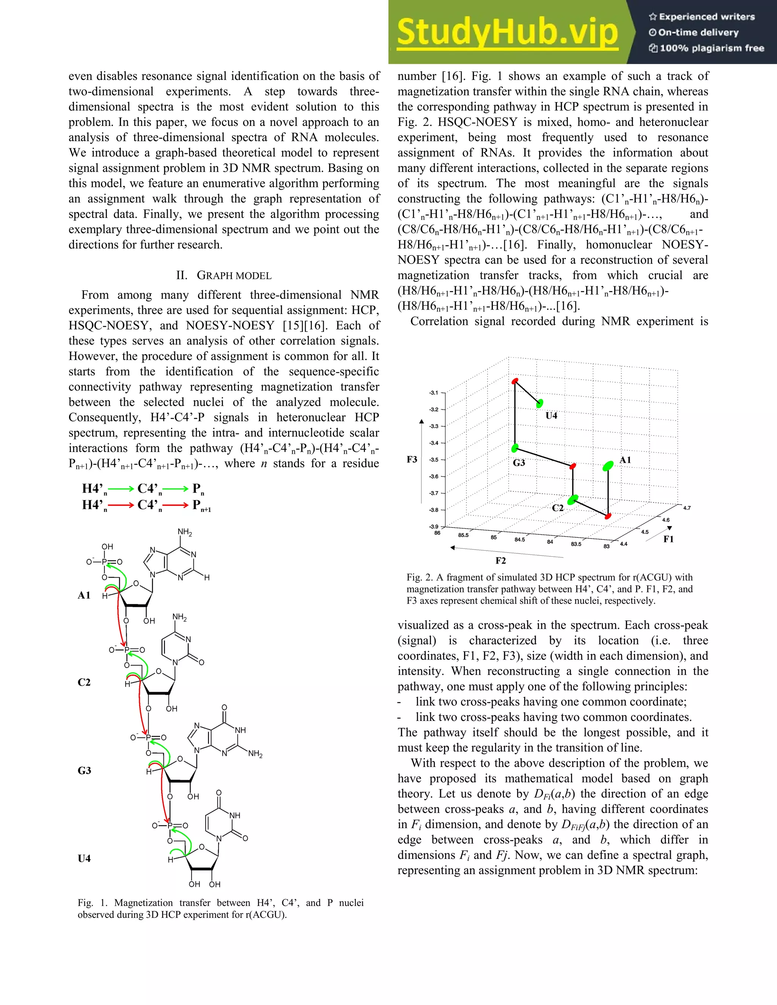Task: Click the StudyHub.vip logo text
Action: point(506,32)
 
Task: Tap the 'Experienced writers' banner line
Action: point(702,17)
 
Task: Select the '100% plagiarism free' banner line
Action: point(706,48)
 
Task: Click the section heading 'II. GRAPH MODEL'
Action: point(224,275)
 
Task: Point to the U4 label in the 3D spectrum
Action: point(551,416)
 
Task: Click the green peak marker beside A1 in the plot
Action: point(608,466)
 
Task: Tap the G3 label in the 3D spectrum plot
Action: point(519,462)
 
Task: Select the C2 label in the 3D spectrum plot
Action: point(557,508)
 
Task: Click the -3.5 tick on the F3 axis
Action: point(434,460)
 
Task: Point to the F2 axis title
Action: point(500,561)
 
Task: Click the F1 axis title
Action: point(668,539)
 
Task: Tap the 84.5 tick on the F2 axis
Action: point(519,539)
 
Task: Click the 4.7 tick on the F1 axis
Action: point(687,508)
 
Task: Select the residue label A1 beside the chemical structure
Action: point(84,595)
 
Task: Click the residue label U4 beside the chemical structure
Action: point(84,858)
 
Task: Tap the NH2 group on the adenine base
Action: point(185,532)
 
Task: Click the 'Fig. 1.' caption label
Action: point(93,903)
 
